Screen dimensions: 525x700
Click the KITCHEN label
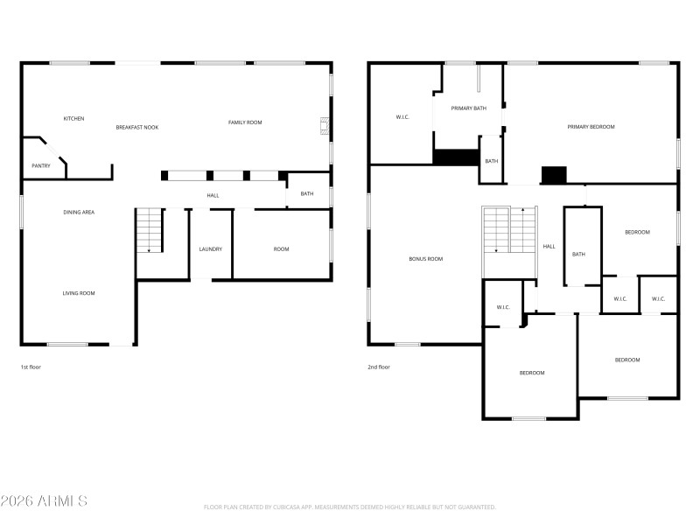73,118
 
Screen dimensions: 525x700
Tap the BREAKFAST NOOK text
137,128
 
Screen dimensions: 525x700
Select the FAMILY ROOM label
245,122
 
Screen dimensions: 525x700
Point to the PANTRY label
40,165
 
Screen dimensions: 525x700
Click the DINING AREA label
79,213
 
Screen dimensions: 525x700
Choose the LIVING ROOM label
79,293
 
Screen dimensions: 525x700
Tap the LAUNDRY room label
210,249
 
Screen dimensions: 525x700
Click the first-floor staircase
149,231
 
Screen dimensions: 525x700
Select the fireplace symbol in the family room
325,127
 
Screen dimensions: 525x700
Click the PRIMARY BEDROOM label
591,127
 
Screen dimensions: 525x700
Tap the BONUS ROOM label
425,259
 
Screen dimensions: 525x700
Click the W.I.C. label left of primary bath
402,116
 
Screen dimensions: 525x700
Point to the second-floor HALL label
549,247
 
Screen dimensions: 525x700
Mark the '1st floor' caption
31,367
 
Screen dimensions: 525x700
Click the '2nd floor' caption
379,367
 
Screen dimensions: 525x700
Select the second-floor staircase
509,231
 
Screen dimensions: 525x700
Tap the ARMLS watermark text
44,501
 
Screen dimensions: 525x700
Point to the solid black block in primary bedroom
554,175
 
